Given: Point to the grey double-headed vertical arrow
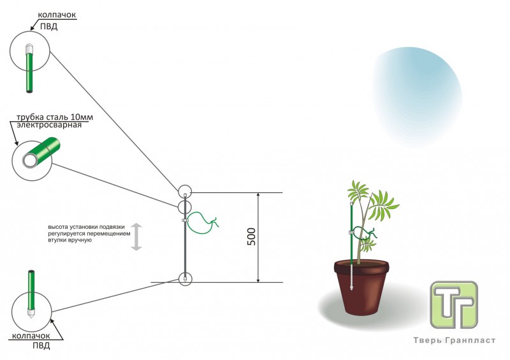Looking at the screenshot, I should (x=136, y=237).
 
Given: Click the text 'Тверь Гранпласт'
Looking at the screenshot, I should (x=455, y=340).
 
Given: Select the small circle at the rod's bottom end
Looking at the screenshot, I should (x=184, y=278).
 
